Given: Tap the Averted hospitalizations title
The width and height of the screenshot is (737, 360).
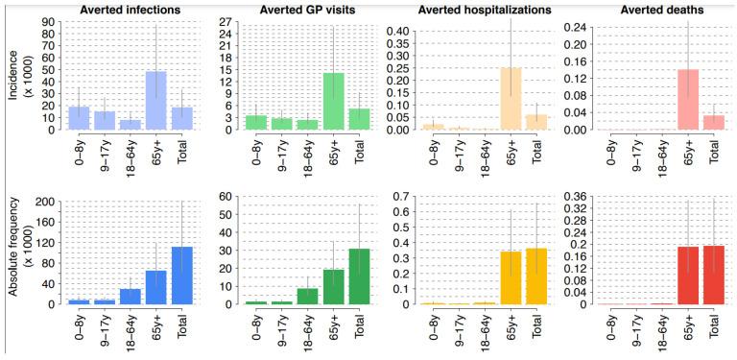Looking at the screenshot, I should click(x=477, y=9).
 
